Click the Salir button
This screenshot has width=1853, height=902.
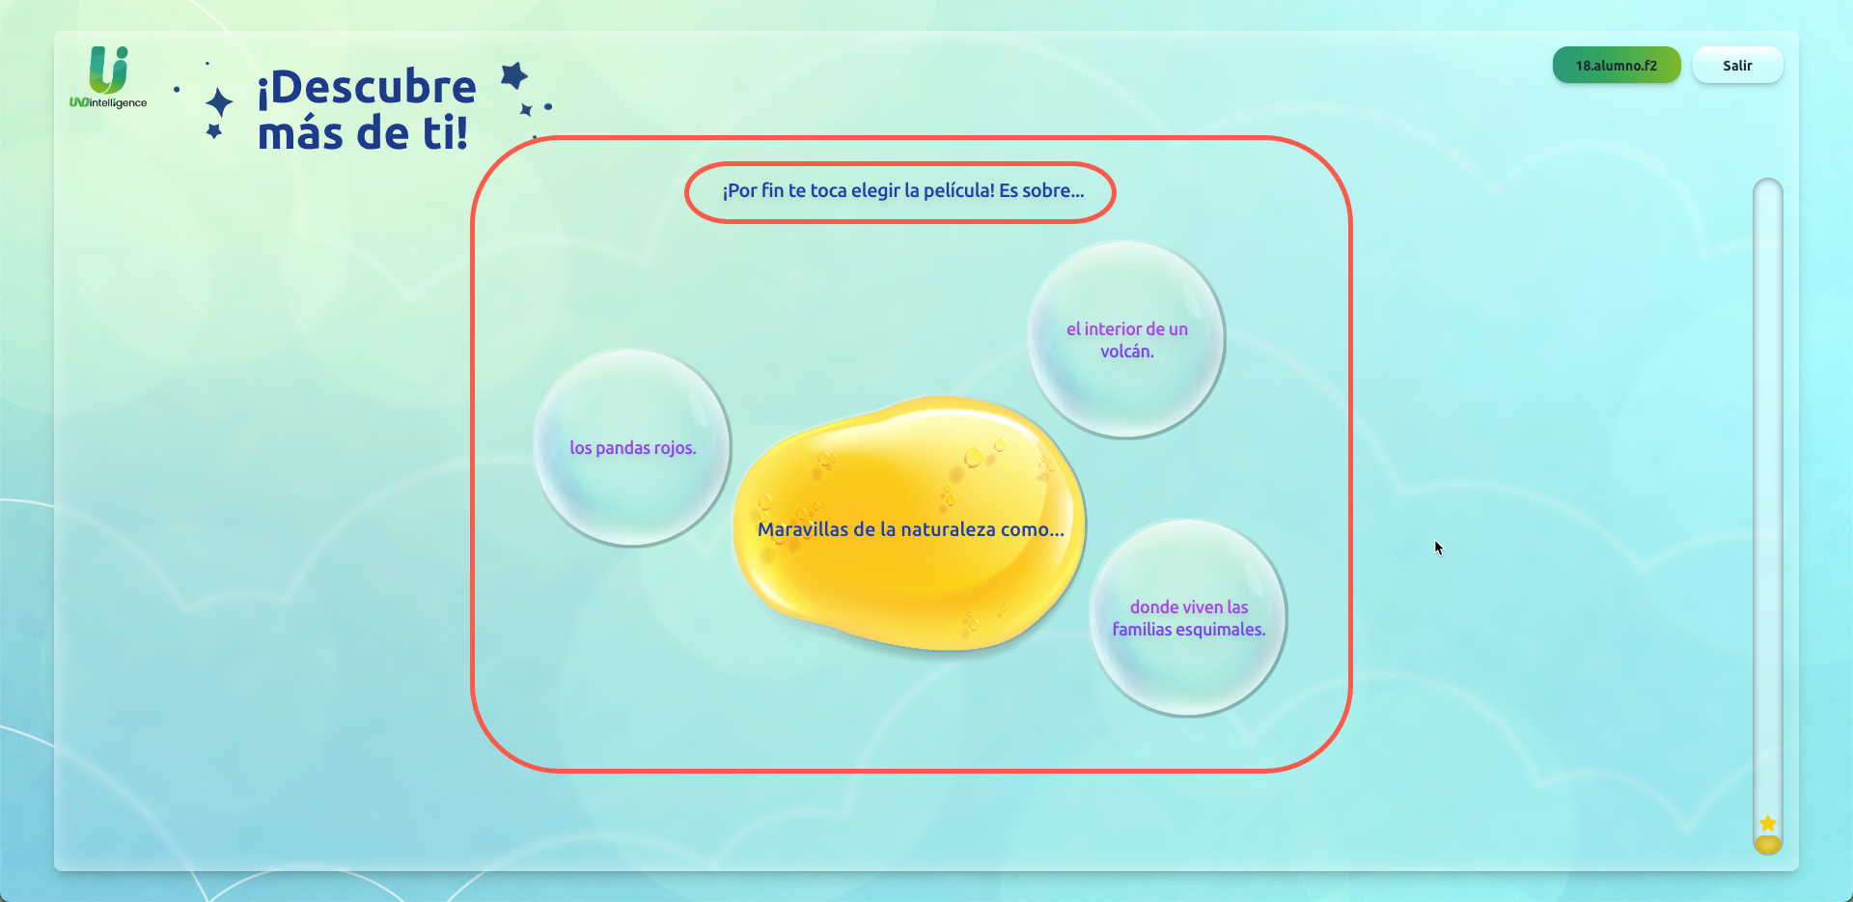(1737, 66)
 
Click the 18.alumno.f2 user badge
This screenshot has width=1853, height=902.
(1617, 66)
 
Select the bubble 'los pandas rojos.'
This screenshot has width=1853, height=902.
(632, 448)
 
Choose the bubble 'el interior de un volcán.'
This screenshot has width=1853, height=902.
(1126, 340)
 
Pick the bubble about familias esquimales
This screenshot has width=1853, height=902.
(1188, 618)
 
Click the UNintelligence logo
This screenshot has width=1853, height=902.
(108, 77)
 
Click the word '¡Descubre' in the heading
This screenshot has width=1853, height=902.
(367, 87)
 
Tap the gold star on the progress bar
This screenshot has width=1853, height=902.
(1768, 823)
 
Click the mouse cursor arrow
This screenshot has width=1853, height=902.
(1438, 548)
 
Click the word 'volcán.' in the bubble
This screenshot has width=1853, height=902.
(1127, 352)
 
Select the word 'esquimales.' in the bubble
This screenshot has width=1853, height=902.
(1221, 630)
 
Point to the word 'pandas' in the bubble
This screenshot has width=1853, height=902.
(622, 448)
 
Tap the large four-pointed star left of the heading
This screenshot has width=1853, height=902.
(220, 102)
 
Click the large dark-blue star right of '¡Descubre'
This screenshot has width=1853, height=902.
(514, 75)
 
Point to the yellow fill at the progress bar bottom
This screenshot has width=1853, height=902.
(1768, 845)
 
